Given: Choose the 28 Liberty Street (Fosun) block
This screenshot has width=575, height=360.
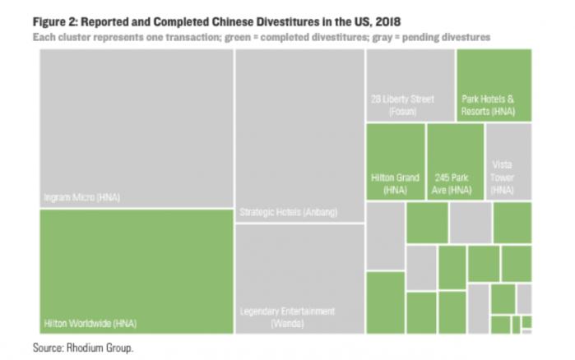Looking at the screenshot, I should tap(410, 85).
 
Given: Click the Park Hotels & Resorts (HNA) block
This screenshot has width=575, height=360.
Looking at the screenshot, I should tap(494, 85).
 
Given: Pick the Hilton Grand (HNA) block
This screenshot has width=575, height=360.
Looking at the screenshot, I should tap(396, 163).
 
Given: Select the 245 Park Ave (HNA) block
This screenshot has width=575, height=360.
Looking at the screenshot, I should tap(455, 163).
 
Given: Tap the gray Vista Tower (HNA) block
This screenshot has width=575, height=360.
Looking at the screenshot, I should tap(508, 163).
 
